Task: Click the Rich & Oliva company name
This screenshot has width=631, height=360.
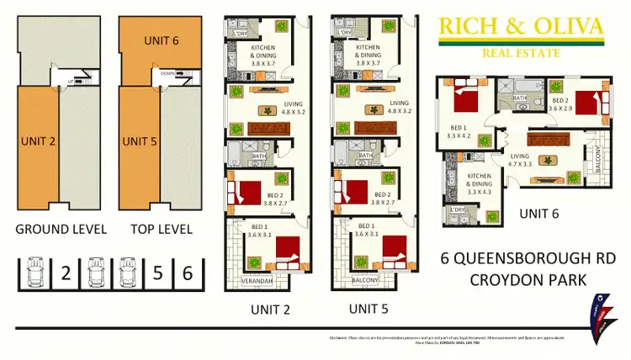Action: [x=521, y=28]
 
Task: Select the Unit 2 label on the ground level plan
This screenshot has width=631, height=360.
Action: [x=36, y=140]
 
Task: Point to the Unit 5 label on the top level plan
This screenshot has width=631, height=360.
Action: [x=141, y=140]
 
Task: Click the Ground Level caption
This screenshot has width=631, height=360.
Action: [x=61, y=228]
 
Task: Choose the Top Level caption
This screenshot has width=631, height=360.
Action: [x=161, y=228]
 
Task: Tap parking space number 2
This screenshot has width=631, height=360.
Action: [x=65, y=273]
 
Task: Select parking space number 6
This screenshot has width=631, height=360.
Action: [x=188, y=273]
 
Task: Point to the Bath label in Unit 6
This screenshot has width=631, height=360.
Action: [x=520, y=98]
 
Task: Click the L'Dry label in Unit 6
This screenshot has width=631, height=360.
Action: [x=458, y=209]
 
